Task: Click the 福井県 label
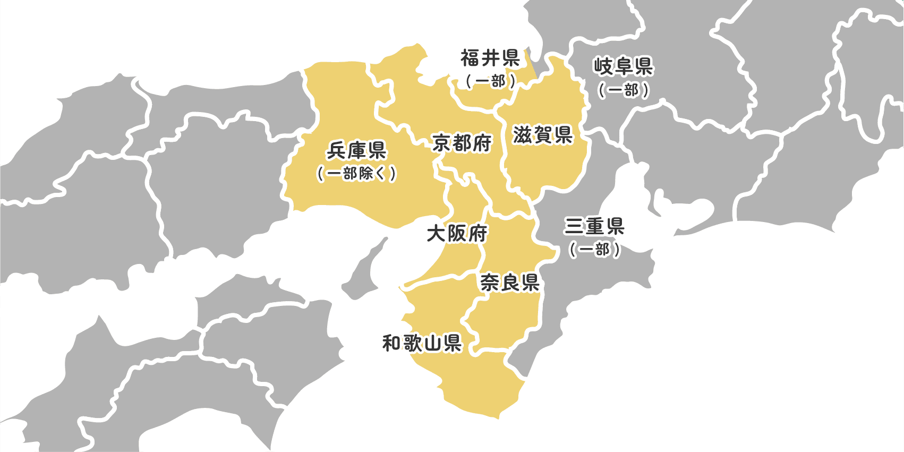pos(490,58)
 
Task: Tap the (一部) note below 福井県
pos(490,81)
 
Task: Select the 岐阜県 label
pos(623,67)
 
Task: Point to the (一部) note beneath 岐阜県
pos(623,90)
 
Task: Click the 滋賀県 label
pos(542,135)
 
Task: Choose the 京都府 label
pos(462,143)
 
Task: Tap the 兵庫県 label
pos(356,151)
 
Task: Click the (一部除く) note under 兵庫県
pos(356,174)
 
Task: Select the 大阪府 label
pos(457,233)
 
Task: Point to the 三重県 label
pos(594,227)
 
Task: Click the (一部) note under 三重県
pos(594,250)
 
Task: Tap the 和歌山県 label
pos(422,343)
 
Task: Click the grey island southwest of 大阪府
pos(366,271)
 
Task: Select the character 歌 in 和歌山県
pos(412,343)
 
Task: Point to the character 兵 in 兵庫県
pos(337,151)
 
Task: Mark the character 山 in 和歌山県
pos(432,344)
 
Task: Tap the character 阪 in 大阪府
pos(457,233)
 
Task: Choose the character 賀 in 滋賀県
pos(542,135)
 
